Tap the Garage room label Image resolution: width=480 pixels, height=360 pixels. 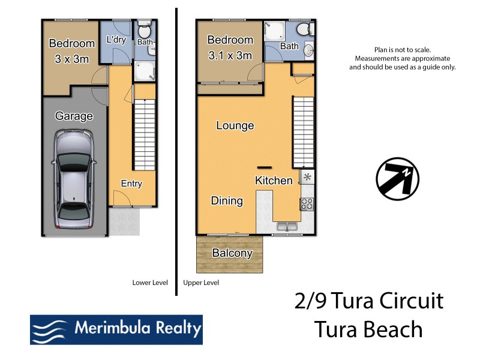(x=74, y=116)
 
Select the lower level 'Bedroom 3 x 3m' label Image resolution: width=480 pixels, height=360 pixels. (x=71, y=50)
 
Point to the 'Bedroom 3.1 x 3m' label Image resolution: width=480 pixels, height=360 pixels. (x=230, y=48)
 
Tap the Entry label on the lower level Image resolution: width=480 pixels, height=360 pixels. (x=131, y=184)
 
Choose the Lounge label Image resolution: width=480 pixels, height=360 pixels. (x=235, y=126)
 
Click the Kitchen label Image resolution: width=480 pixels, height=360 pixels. (x=274, y=181)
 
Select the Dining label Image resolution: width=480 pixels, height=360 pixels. (x=227, y=201)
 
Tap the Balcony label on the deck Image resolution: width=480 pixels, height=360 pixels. (x=232, y=253)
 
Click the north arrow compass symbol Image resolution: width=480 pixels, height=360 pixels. (x=397, y=179)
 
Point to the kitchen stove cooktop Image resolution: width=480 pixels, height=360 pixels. (x=307, y=204)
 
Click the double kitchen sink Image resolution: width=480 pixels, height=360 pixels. (x=287, y=227)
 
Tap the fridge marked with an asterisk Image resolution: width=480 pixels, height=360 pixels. (x=307, y=176)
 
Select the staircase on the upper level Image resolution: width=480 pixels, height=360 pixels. (x=303, y=132)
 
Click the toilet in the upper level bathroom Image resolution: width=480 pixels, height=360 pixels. (x=305, y=29)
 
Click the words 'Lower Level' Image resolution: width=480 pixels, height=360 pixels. (x=149, y=283)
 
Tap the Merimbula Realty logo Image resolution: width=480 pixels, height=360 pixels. (x=116, y=329)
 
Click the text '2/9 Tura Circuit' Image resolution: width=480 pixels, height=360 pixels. (x=368, y=301)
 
